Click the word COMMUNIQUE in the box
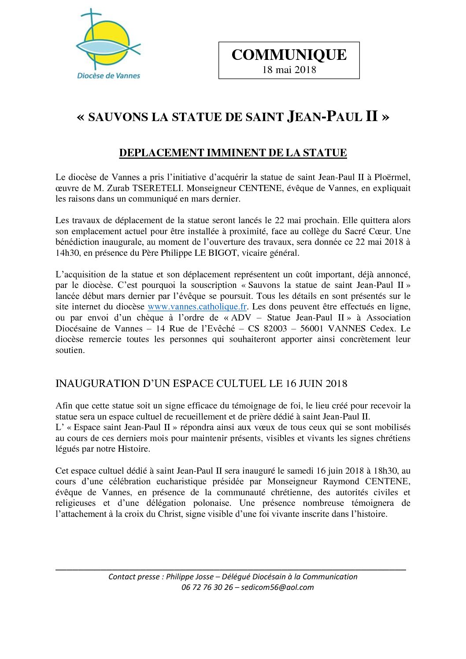pyautogui.click(x=289, y=55)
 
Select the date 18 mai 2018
pyautogui.click(x=289, y=70)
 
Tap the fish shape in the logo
pyautogui.click(x=106, y=45)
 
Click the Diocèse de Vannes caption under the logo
pyautogui.click(x=108, y=75)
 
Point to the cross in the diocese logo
pyautogui.click(x=91, y=22)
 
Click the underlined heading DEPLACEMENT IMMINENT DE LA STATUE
pyautogui.click(x=233, y=153)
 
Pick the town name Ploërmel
pyautogui.click(x=392, y=177)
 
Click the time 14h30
pyautogui.click(x=67, y=253)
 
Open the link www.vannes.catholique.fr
pyautogui.click(x=197, y=307)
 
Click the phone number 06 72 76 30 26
pyautogui.click(x=207, y=587)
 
